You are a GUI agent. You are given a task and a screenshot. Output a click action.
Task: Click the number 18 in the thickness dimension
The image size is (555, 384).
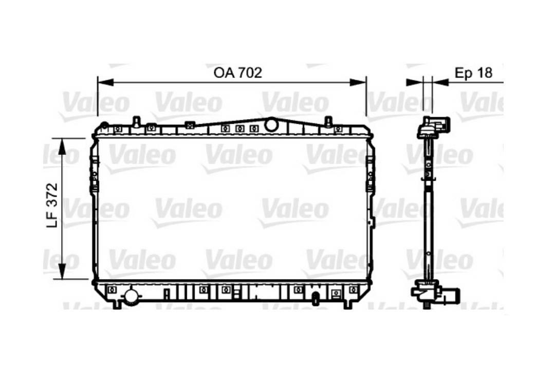click(x=484, y=73)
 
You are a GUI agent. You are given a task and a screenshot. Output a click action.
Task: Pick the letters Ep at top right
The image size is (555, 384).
click(x=464, y=73)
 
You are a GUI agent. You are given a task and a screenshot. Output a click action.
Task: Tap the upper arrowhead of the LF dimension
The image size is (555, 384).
click(x=62, y=146)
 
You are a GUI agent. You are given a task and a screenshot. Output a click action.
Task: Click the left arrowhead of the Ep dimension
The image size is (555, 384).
click(x=414, y=82)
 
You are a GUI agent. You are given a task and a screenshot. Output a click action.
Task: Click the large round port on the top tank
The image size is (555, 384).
click(x=270, y=124)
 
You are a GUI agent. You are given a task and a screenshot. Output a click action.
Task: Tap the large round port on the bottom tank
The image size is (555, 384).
click(x=132, y=296)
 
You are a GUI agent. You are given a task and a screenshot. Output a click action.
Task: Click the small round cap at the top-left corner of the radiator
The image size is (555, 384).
click(x=104, y=125)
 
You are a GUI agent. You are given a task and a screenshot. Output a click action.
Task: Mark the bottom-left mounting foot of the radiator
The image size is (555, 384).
click(x=117, y=304)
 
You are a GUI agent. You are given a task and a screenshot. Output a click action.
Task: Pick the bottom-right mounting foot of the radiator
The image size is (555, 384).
click(x=348, y=304)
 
